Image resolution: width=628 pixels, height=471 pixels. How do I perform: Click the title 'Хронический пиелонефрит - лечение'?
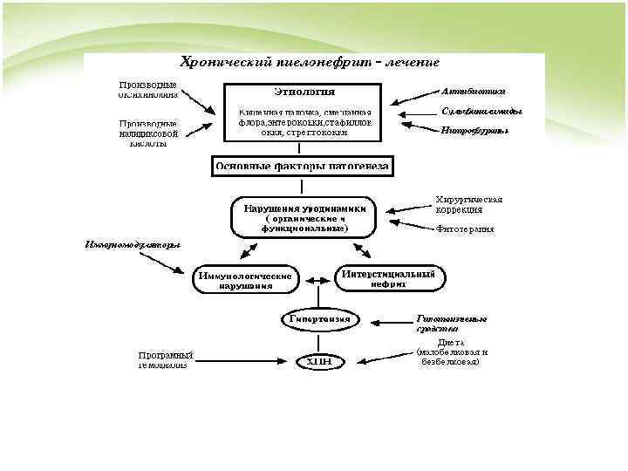pos(309,63)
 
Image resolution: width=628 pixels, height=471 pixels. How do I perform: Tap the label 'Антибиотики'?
pos(473,91)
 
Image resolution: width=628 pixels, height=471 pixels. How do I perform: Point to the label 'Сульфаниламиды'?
pos(481,112)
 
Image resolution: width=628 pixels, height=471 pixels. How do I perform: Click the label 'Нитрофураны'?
pos(474,130)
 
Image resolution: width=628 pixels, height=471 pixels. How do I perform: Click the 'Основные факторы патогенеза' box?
pos(303,166)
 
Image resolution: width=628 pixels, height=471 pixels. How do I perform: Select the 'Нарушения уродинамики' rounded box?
pos(304,217)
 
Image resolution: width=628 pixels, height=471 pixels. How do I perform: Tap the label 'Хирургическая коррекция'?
pos(469,205)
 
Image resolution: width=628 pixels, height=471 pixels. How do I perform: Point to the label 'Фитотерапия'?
pos(465,229)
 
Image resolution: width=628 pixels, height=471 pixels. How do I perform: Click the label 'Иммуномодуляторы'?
pos(133,243)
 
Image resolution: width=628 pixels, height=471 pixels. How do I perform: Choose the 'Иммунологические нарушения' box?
pos(245,280)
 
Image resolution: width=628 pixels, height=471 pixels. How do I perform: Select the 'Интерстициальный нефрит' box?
pos(387,277)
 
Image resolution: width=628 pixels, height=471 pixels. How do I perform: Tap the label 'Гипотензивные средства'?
pos(451,324)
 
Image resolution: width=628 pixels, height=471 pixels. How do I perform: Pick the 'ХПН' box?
pos(320,361)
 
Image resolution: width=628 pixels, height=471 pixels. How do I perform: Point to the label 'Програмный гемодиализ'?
pos(166,359)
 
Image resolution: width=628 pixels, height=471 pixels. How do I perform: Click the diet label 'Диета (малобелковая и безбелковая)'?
pos(452,352)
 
